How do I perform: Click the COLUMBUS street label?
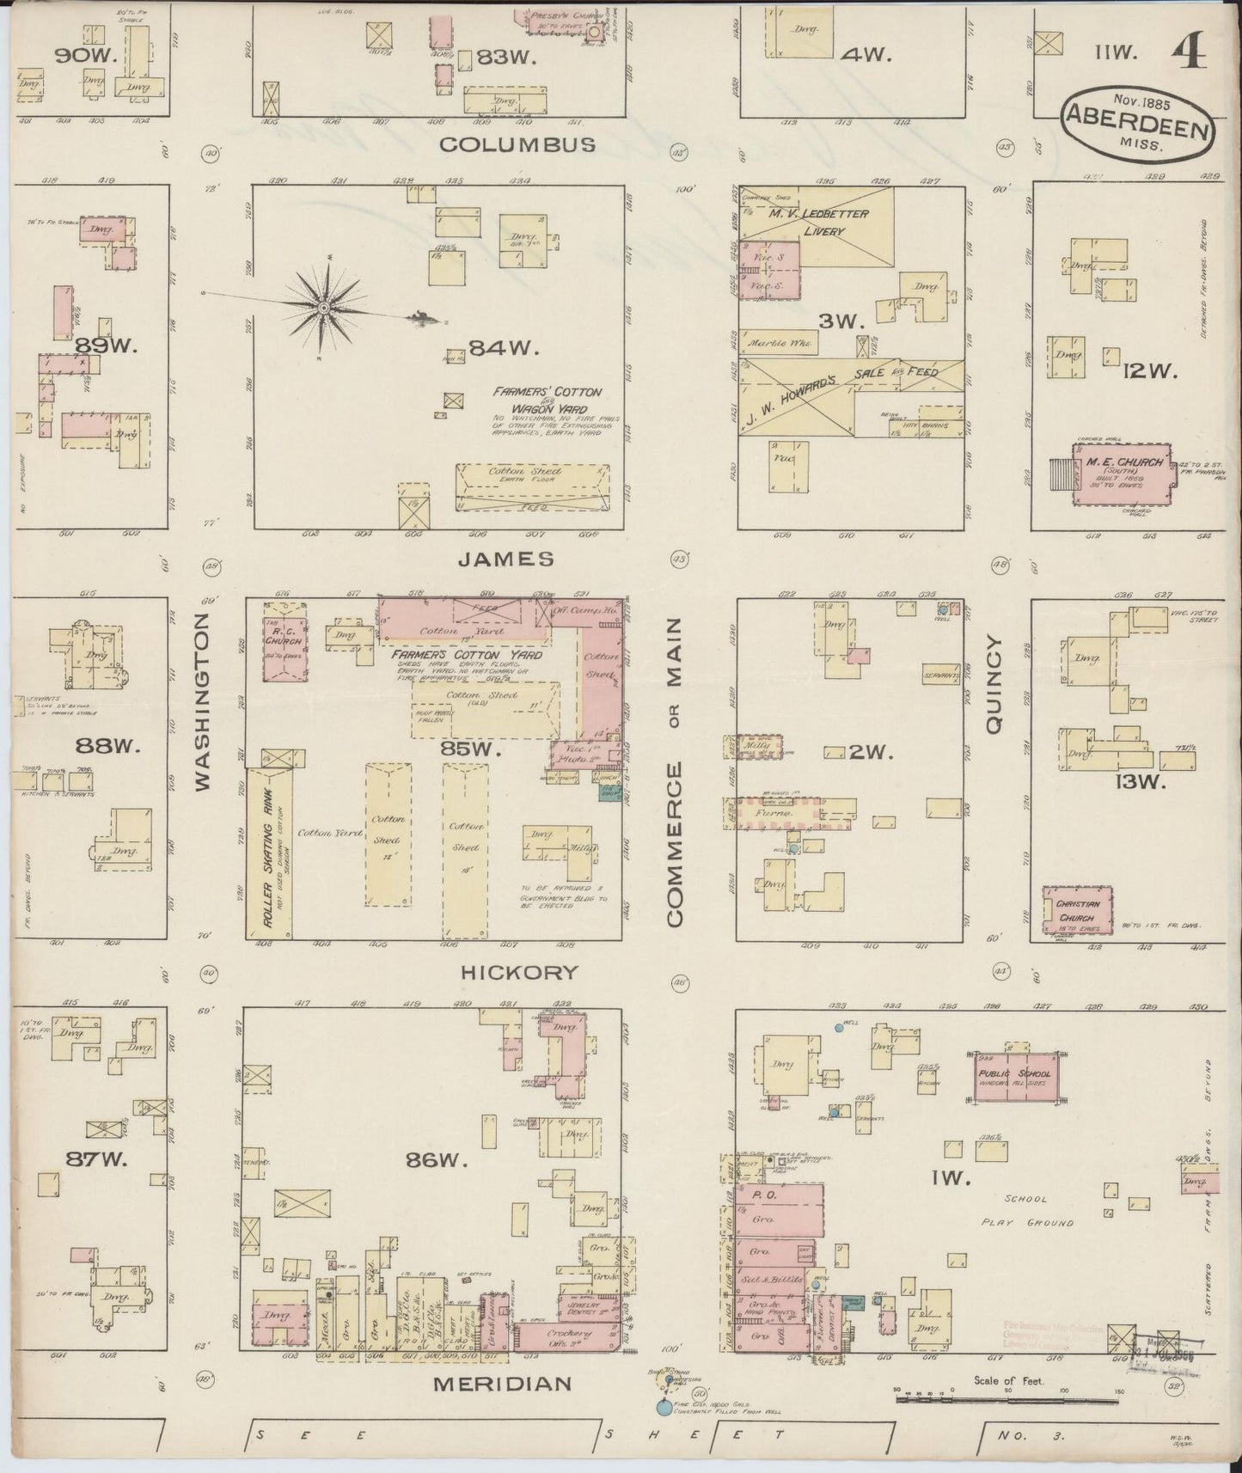click(x=517, y=144)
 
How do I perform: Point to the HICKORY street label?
click(x=519, y=972)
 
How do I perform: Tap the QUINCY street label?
click(x=995, y=684)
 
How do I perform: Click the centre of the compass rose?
click(x=323, y=308)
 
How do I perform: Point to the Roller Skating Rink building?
click(x=269, y=853)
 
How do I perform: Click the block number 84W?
click(x=502, y=348)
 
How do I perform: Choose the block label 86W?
click(x=442, y=1160)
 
